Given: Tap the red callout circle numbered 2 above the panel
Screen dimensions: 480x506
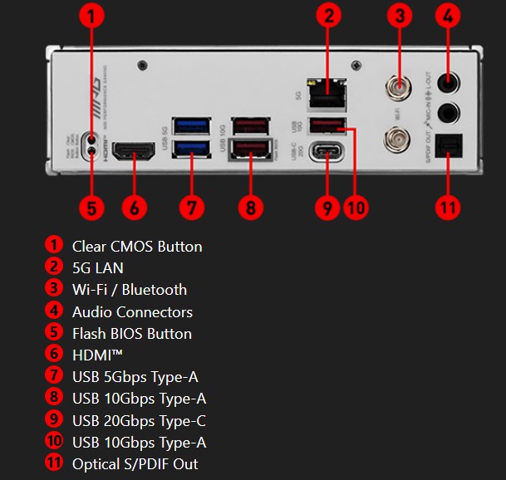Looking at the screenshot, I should coord(330,15).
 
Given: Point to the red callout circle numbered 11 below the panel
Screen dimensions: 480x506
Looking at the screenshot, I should coord(448,206).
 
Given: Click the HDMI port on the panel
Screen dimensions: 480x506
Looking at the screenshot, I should coord(133,152).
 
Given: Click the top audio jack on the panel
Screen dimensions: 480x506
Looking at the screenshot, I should coord(449,82).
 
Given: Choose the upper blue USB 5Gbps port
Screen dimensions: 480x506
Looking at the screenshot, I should coord(189,125).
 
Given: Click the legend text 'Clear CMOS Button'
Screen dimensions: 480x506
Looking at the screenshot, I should coord(137,246).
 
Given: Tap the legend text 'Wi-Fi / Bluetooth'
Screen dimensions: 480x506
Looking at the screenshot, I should coord(130,290).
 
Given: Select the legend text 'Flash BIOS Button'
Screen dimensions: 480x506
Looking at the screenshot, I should coord(132,334).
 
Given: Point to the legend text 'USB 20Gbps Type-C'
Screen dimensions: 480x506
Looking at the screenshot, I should coord(139,420).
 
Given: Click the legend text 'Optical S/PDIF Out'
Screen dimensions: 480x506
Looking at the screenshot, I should coord(135,464).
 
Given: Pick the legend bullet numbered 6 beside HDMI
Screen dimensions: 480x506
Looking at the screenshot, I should coord(54,355).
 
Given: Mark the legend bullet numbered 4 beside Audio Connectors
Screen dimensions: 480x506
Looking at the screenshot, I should coord(54,311).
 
